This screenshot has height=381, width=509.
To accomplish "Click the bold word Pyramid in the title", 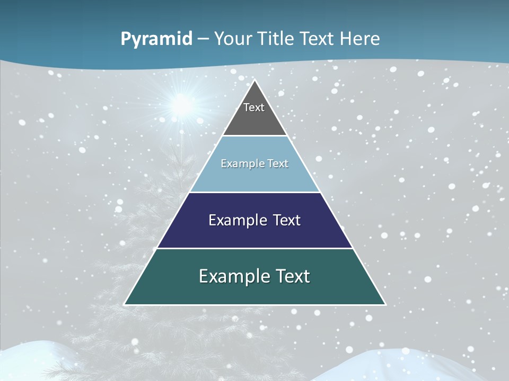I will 156,39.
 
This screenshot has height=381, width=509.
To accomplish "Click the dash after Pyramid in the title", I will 203,39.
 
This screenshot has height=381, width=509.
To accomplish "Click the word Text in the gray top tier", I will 254,107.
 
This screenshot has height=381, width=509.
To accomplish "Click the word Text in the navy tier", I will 284,220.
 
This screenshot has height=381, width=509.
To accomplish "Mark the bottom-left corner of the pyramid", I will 125,304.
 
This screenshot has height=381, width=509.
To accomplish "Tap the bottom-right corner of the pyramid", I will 385,304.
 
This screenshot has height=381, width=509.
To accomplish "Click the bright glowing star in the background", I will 182,104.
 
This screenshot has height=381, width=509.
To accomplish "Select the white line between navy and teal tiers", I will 254,248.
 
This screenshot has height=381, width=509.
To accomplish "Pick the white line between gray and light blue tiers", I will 254,136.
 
